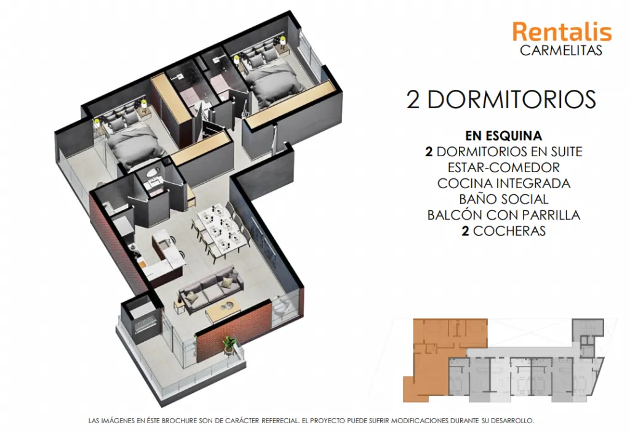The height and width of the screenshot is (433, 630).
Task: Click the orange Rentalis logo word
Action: [562, 32]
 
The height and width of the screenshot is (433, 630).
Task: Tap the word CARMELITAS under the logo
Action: [561, 50]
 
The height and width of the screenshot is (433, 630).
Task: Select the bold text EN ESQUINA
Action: [503, 136]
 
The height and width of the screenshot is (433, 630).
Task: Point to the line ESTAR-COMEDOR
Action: [504, 167]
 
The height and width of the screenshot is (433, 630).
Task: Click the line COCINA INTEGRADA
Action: [504, 183]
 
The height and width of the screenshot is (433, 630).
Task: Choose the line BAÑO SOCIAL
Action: [504, 199]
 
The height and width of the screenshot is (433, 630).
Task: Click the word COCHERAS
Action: [509, 231]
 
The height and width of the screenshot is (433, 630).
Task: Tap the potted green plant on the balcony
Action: [230, 345]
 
